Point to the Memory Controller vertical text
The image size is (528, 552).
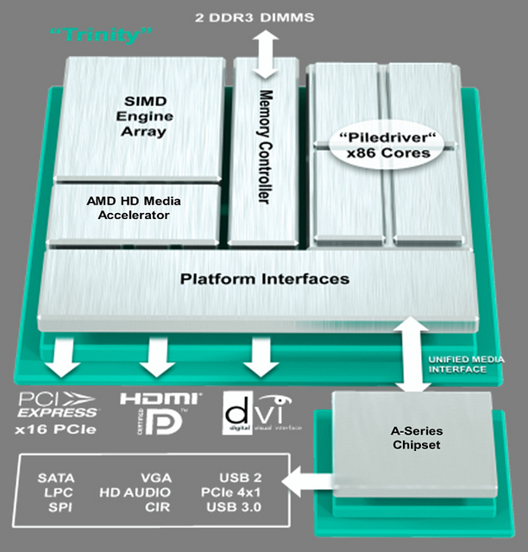tap(265, 147)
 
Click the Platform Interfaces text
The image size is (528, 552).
tap(265, 279)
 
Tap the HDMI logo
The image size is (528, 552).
tap(160, 398)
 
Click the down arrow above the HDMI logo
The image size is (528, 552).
tap(158, 357)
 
